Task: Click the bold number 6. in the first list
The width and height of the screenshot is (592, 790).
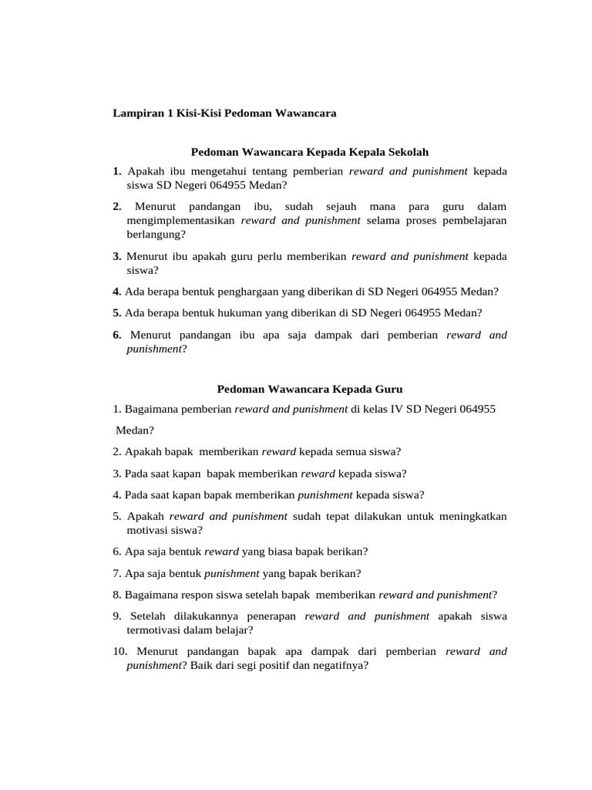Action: (117, 335)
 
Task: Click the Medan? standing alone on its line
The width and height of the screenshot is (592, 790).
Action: (135, 430)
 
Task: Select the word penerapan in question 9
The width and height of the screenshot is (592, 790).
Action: (274, 616)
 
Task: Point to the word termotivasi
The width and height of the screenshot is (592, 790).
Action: (154, 630)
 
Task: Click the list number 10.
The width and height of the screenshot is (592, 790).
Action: (119, 652)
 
